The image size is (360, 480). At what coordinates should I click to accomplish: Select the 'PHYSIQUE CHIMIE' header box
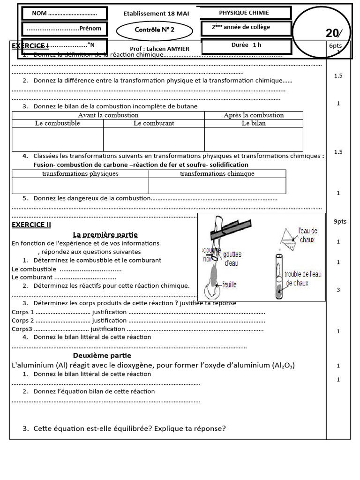(x=244, y=13)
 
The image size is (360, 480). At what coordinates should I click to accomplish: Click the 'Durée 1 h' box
(x=247, y=46)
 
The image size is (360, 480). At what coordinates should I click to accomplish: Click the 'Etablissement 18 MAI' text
(x=156, y=14)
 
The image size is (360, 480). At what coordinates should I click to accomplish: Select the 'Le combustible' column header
(x=58, y=123)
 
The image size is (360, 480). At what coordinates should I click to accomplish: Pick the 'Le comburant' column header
(x=154, y=123)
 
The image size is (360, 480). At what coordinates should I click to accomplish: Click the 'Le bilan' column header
(x=254, y=123)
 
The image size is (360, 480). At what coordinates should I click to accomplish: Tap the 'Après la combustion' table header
(x=254, y=115)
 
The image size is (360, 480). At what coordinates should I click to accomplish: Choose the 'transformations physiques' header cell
(x=80, y=173)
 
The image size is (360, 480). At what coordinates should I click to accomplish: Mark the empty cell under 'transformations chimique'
(x=217, y=186)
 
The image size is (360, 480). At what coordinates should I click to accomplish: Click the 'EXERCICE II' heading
(x=31, y=225)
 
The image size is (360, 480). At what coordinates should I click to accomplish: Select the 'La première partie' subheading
(x=105, y=234)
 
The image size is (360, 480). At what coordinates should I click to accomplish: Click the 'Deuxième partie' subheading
(x=102, y=355)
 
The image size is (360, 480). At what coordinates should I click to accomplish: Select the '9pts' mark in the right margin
(x=339, y=221)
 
